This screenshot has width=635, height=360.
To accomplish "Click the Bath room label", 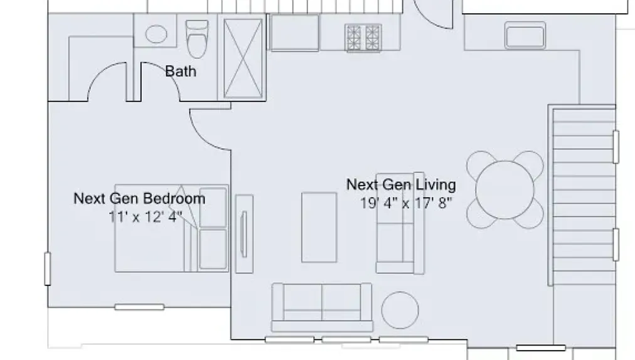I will tap(180, 71).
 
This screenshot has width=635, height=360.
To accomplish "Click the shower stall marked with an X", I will tap(243, 58).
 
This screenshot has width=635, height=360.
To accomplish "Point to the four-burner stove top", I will tap(363, 37).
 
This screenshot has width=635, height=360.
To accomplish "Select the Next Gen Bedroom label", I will tap(139, 199).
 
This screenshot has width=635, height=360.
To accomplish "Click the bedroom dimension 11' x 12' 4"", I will tap(145, 216).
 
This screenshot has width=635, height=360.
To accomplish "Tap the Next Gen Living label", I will tap(401, 184).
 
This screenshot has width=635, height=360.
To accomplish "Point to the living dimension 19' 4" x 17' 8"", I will tap(406, 203).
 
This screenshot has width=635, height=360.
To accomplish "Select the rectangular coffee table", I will tap(319, 227).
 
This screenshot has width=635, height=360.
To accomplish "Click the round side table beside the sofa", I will tap(400, 310).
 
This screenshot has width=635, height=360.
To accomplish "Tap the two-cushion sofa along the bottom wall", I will tap(322, 306).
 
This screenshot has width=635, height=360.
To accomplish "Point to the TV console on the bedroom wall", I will tap(243, 233).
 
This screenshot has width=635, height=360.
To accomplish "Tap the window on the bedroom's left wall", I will tap(47, 268).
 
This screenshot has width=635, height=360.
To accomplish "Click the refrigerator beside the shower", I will tap(294, 33).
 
